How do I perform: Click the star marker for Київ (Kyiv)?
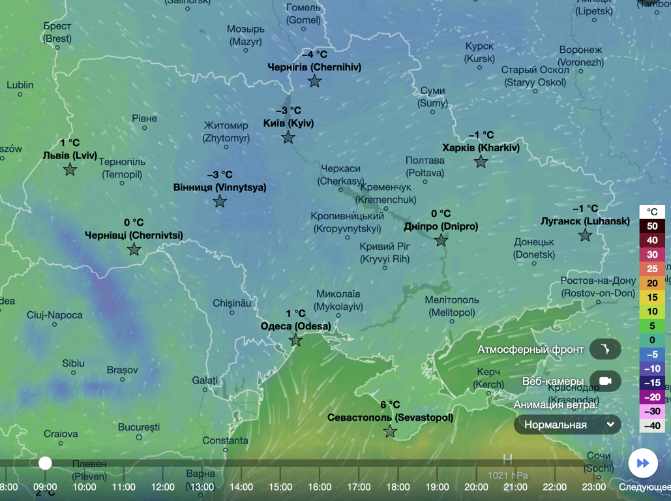coord(288,138)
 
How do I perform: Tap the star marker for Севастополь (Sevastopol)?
coord(390,431)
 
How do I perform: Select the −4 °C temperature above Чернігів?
coord(314,54)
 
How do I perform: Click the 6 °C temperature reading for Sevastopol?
coord(390,404)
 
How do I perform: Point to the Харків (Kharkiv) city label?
coord(481,148)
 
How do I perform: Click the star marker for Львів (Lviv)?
coord(70,170)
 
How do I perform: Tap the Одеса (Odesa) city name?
coord(295,326)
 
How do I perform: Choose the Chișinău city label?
coord(231,303)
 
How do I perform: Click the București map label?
coord(139,427)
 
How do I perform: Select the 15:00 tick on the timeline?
coord(280,487)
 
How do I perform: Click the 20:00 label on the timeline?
coord(476,487)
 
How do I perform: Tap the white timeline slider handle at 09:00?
coord(45,463)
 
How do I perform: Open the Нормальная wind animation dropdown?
coord(567,425)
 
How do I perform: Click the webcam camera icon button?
coord(605,381)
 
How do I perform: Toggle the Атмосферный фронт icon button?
coord(605,350)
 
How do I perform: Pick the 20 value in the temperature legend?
coord(652,283)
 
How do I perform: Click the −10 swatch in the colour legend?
coord(652,369)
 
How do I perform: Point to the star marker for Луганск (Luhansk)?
coord(585,235)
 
